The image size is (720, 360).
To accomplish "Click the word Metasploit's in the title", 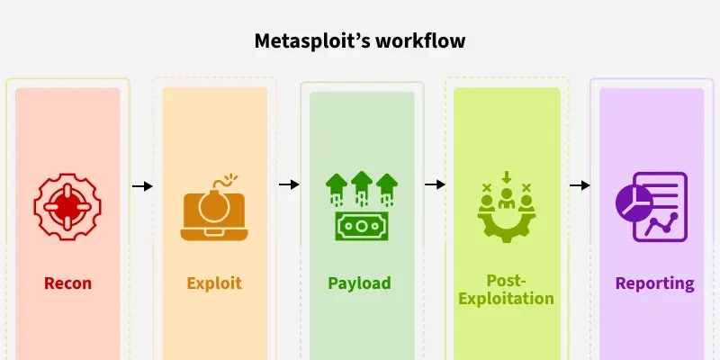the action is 312,40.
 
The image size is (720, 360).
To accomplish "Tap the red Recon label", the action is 68,283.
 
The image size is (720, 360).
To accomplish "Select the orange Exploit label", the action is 214,283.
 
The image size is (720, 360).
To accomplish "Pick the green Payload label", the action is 359,283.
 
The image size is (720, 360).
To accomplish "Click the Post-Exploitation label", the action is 506,289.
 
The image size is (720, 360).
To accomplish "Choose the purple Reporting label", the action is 655,283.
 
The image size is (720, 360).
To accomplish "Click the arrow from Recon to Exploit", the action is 142,186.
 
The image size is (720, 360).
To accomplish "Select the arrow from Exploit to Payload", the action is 289,184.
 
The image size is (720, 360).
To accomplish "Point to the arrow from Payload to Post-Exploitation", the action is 435,184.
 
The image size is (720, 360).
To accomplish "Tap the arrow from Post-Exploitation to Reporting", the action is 580,185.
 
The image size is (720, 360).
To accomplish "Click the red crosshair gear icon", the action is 67,206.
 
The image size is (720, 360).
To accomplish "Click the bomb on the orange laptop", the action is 214,206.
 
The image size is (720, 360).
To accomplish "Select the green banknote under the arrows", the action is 362,226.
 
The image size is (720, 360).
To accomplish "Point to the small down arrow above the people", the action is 506,177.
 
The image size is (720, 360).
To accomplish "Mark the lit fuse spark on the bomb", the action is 232,177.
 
